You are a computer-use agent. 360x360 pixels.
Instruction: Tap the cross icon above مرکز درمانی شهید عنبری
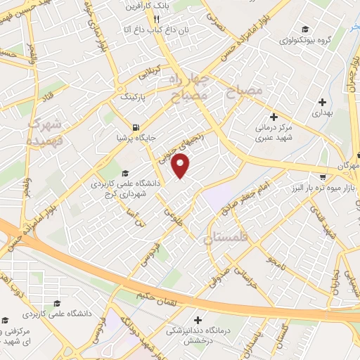(x=274, y=116)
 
